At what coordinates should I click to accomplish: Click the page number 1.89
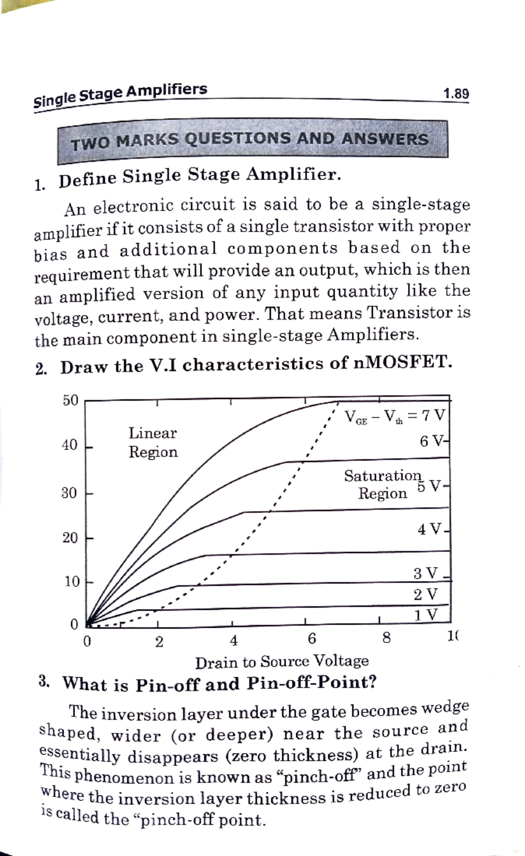click(455, 94)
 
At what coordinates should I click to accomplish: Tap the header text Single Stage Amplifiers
click(120, 95)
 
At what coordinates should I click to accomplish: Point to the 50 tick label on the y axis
click(70, 400)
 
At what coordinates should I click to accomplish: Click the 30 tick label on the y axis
click(69, 493)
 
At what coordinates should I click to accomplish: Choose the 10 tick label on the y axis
click(70, 582)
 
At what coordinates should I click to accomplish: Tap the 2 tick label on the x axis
click(159, 642)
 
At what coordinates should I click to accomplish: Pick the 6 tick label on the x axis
click(311, 639)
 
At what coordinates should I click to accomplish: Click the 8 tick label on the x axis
click(386, 638)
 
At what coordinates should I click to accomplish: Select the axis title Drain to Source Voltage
click(282, 662)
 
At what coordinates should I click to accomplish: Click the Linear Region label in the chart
click(153, 442)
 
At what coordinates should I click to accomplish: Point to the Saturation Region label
click(383, 484)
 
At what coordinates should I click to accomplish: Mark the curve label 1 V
click(426, 615)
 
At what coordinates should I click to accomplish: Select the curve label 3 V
click(426, 573)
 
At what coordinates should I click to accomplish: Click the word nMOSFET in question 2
click(401, 362)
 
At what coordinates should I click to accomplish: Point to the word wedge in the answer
click(445, 707)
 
